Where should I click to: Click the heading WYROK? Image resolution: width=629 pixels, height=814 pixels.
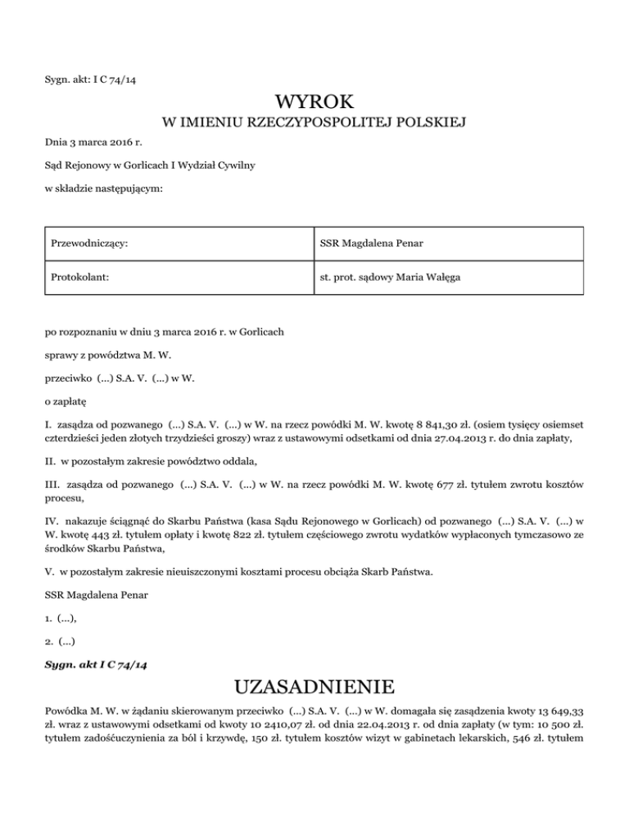[x=314, y=102]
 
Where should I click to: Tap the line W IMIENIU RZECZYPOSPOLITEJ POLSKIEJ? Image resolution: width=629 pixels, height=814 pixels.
[x=314, y=124]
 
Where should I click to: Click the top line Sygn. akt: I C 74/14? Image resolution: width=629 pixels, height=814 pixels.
[x=96, y=79]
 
